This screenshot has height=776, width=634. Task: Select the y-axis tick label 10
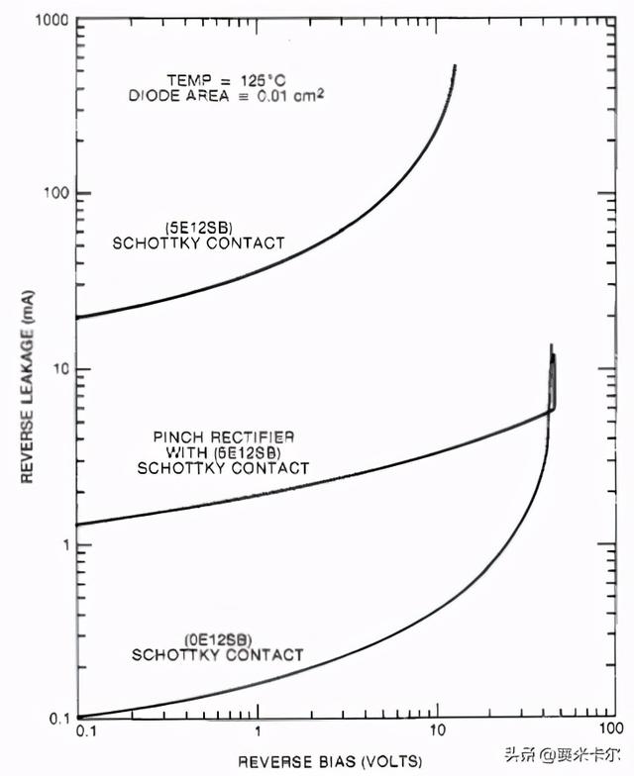tap(59, 369)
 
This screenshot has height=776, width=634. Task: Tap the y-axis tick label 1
tap(63, 545)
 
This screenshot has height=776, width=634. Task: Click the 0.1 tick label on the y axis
tap(57, 718)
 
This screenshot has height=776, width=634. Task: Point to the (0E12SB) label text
tap(217, 639)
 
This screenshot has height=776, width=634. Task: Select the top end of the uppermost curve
tap(455, 66)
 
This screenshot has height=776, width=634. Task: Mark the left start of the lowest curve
tap(79, 717)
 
